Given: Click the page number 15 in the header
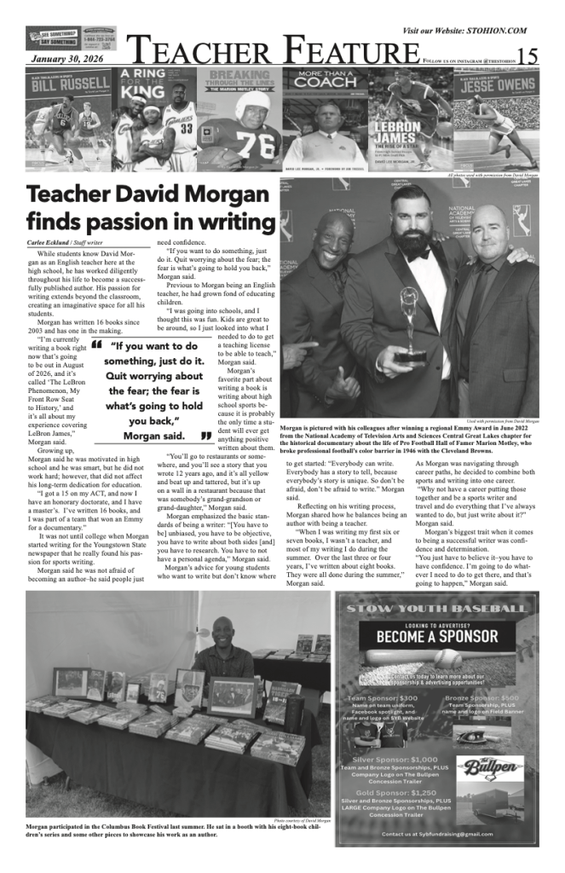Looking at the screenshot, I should (528, 57).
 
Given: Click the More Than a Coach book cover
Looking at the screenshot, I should (325, 119).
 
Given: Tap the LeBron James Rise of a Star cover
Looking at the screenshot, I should (409, 119).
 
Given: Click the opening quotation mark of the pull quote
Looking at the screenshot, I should (95, 347).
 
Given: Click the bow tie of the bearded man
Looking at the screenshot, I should (418, 253).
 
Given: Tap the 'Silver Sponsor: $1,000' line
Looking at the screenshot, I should (394, 758).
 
